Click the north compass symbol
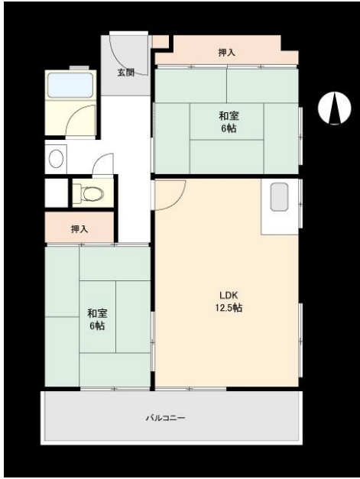tap(335, 108)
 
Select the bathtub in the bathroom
tap(70, 86)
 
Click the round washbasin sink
tap(57, 159)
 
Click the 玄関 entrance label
tap(126, 73)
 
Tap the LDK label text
tap(229, 296)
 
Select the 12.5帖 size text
tap(229, 307)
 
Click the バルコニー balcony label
tap(165, 418)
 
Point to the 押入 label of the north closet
tap(226, 53)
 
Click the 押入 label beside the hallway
tap(79, 229)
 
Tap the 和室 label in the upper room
tap(229, 116)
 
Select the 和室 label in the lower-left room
tap(97, 313)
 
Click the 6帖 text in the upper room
tap(229, 128)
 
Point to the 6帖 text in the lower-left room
tap(97, 326)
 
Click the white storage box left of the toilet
tap(57, 193)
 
